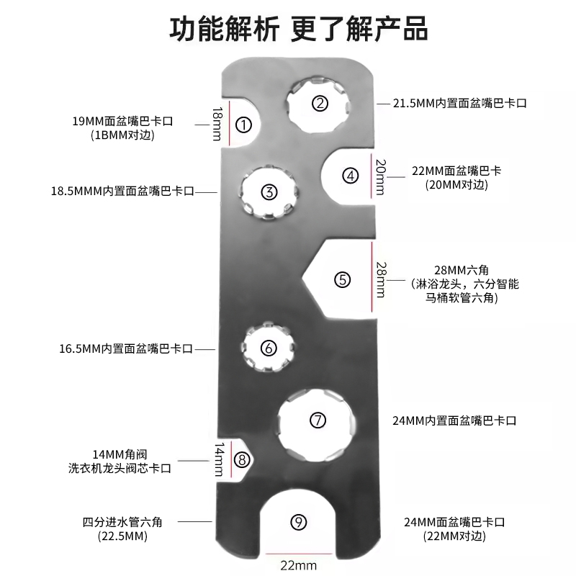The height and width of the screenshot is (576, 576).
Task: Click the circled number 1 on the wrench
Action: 243,125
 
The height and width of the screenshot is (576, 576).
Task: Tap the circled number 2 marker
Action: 320,103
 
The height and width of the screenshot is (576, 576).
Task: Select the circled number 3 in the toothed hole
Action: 269,192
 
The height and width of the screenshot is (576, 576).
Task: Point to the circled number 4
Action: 350,174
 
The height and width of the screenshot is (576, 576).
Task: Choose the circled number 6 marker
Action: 269,348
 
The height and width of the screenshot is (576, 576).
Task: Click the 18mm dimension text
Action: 217,124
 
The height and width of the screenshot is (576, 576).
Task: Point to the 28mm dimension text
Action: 381,279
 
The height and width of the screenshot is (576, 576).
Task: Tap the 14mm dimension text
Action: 217,459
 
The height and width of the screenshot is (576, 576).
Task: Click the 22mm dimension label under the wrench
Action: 298,565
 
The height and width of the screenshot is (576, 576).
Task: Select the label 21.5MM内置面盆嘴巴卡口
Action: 459,103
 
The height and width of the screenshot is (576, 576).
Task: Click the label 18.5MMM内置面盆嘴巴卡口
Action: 122,192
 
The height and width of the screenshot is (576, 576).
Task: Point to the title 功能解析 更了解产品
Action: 288,31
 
